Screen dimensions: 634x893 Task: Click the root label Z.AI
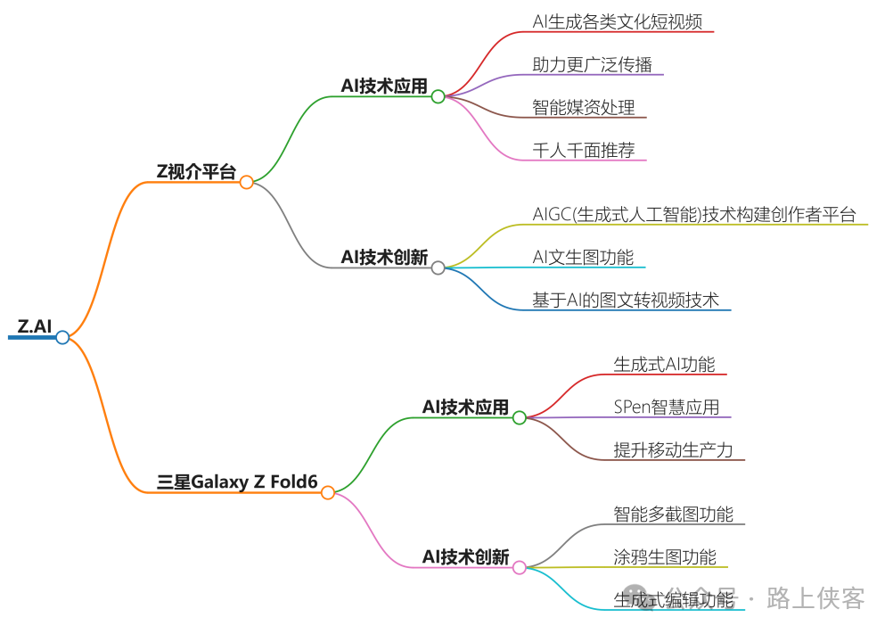click(x=35, y=326)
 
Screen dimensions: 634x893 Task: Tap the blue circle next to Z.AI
click(x=62, y=337)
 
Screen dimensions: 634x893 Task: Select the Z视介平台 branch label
click(x=196, y=172)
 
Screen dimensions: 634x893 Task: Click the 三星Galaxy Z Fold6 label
click(x=237, y=482)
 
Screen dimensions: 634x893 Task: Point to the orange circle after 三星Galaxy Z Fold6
click(x=328, y=492)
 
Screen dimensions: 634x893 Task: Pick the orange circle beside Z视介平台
click(x=247, y=182)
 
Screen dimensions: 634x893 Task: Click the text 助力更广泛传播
click(x=592, y=64)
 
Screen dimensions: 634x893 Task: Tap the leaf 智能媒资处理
click(x=584, y=107)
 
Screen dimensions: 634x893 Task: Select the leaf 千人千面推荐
click(x=584, y=150)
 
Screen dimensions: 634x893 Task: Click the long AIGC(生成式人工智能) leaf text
click(x=694, y=214)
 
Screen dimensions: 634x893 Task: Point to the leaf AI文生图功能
click(x=583, y=257)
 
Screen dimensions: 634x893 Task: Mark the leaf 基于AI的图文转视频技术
click(x=626, y=300)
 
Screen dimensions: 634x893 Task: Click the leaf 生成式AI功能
click(x=664, y=364)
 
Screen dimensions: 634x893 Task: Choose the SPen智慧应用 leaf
click(x=667, y=407)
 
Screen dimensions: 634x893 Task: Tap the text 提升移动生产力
click(x=673, y=449)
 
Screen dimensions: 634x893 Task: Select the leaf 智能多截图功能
click(x=673, y=514)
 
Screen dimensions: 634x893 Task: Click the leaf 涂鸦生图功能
click(x=665, y=556)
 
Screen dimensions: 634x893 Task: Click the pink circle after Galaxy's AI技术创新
click(x=520, y=567)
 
